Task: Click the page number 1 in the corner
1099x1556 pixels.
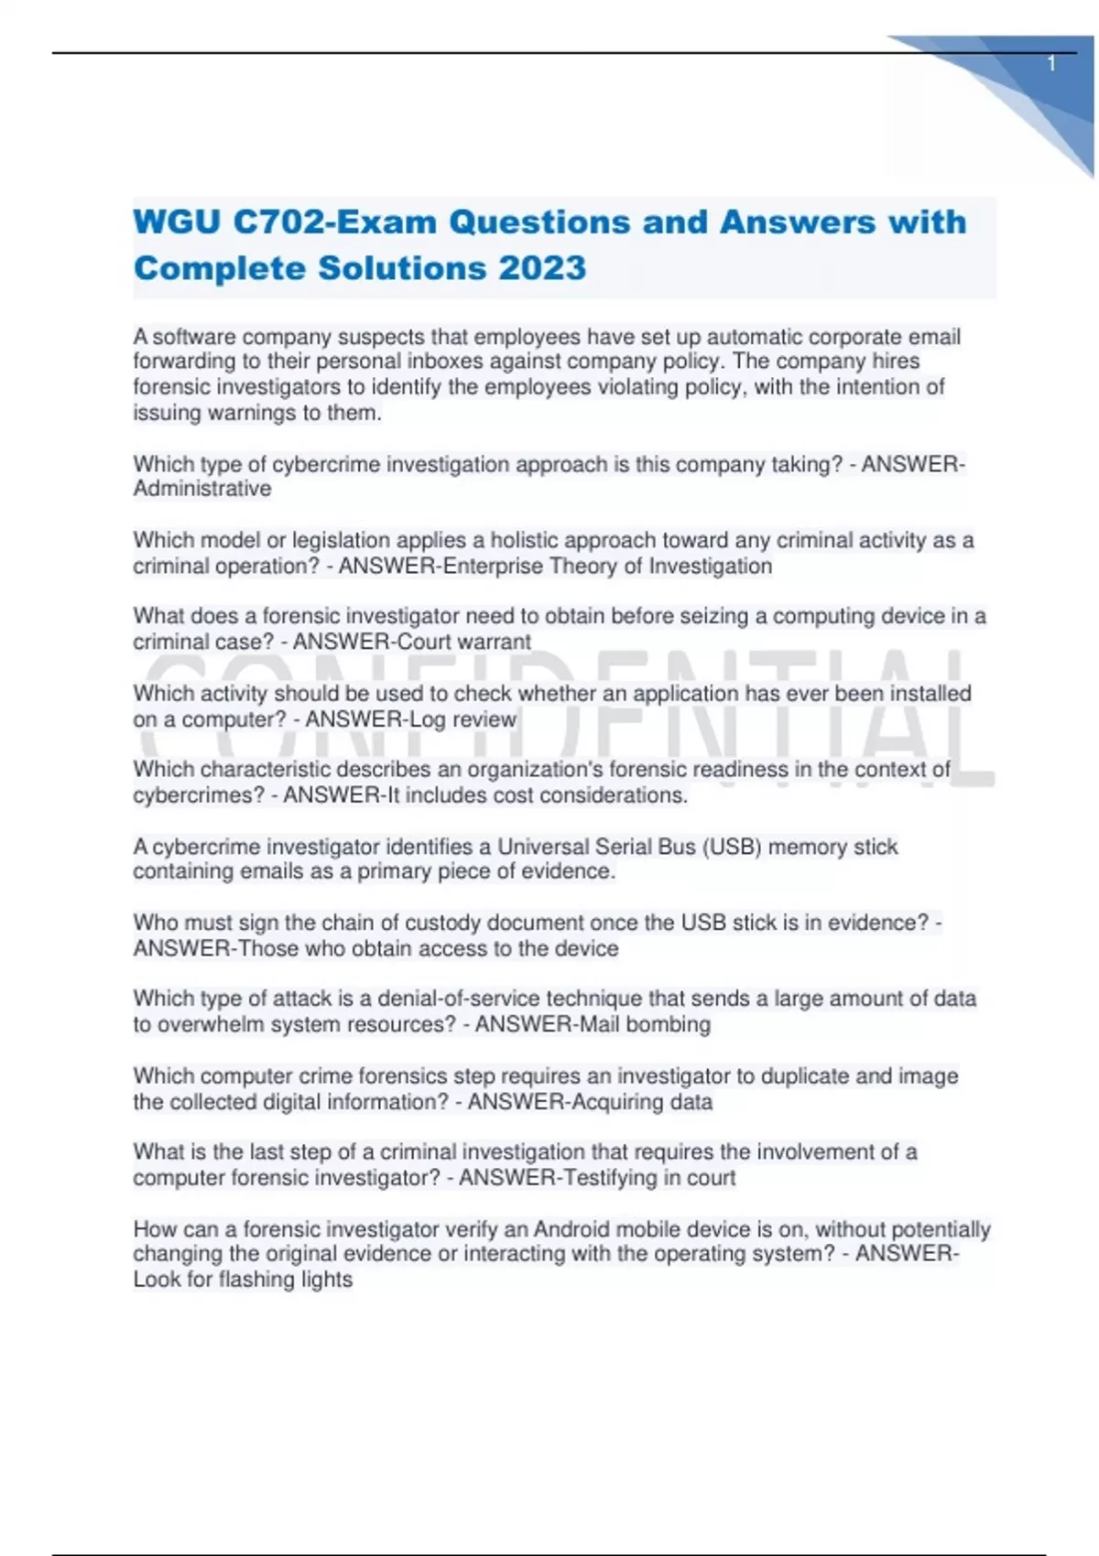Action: (x=1051, y=63)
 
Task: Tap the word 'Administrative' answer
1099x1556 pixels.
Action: (x=202, y=489)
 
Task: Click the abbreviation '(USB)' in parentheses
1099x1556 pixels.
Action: (x=733, y=847)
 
